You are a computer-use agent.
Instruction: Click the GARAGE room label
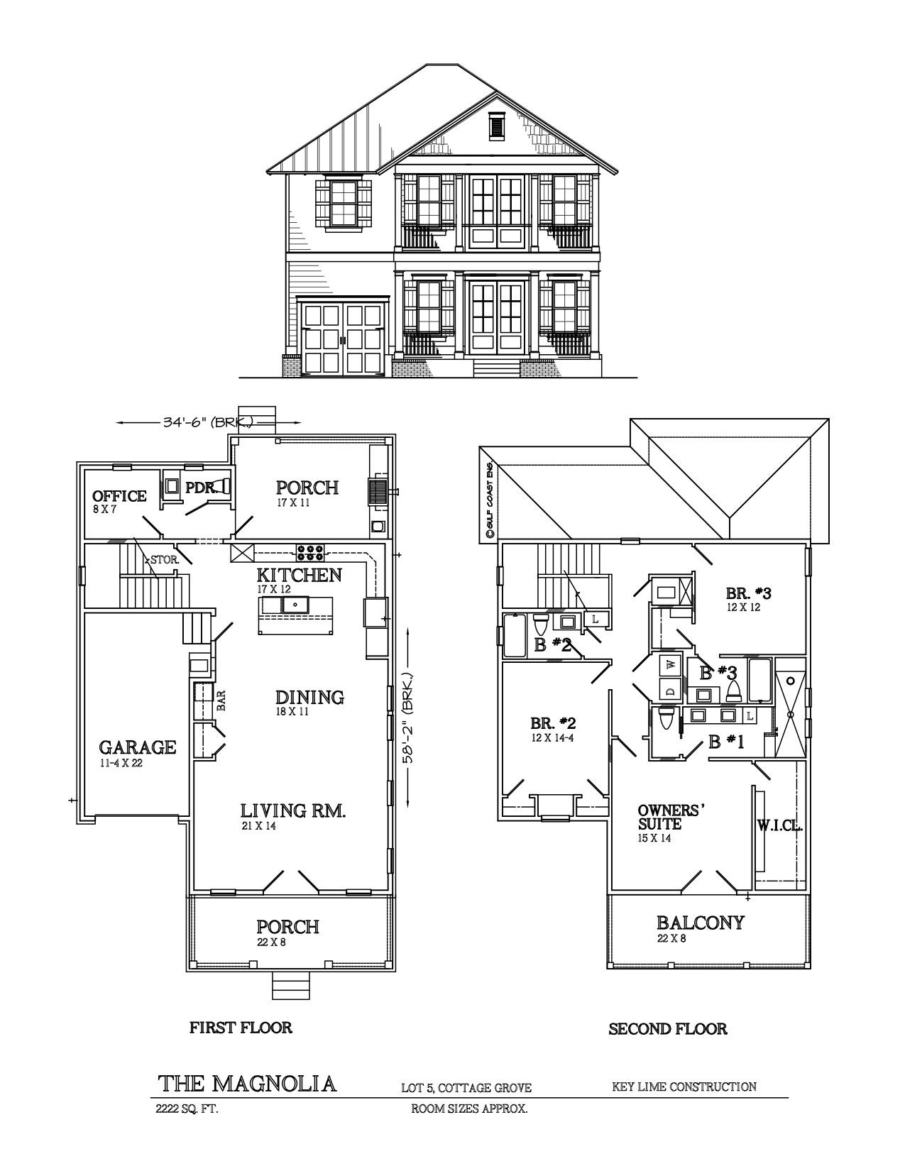pyautogui.click(x=137, y=747)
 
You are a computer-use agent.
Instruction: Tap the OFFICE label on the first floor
pyautogui.click(x=119, y=496)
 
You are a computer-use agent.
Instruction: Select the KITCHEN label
pyautogui.click(x=299, y=575)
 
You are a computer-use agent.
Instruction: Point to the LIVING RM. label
pyautogui.click(x=292, y=810)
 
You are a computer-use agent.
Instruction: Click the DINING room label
pyautogui.click(x=309, y=698)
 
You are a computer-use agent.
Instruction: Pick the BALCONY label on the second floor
pyautogui.click(x=700, y=923)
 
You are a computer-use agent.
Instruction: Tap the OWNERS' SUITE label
pyautogui.click(x=669, y=818)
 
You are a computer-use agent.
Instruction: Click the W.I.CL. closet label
pyautogui.click(x=779, y=825)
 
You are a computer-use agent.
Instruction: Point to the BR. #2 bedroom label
pyautogui.click(x=553, y=724)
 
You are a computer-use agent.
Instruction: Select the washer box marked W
pyautogui.click(x=669, y=666)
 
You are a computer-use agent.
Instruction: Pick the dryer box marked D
pyautogui.click(x=669, y=688)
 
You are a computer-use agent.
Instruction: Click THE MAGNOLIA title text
pyautogui.click(x=246, y=1084)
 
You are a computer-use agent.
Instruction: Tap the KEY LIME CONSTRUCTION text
pyautogui.click(x=684, y=1087)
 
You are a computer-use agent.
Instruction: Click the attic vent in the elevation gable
pyautogui.click(x=495, y=127)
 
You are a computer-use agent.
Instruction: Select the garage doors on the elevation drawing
pyautogui.click(x=344, y=339)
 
